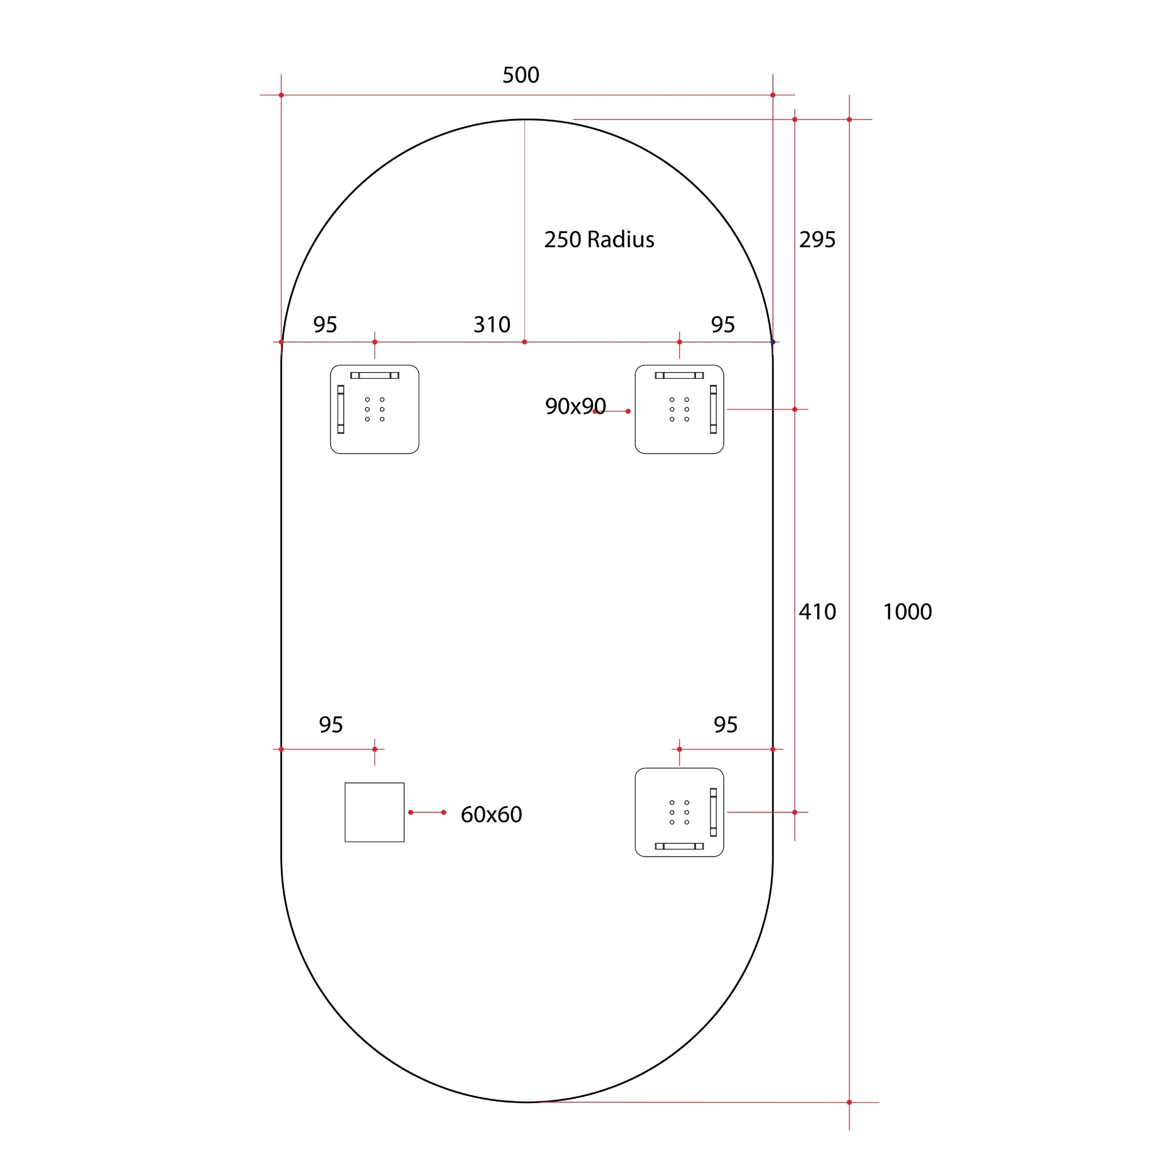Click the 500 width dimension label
[520, 75]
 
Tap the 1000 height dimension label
[907, 612]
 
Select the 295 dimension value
[817, 240]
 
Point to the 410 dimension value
[817, 612]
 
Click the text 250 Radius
[599, 240]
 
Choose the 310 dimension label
[492, 325]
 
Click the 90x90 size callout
[574, 406]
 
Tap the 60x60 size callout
[491, 814]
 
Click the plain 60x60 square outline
[374, 812]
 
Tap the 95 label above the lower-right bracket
[725, 725]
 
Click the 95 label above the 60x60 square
[330, 725]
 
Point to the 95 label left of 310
[324, 325]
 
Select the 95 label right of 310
[723, 325]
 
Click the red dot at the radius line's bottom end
[524, 342]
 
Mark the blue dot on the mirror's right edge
[773, 342]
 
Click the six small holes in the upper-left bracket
[374, 409]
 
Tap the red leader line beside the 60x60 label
[427, 813]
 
